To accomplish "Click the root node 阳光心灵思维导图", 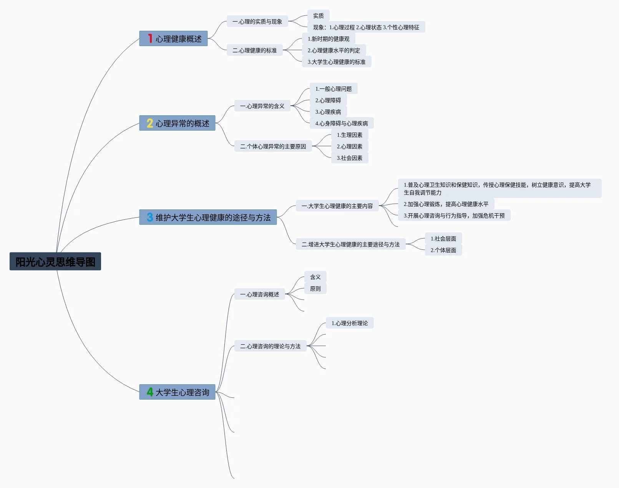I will tap(55, 262).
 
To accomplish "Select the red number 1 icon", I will tap(150, 38).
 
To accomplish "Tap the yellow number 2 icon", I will tap(150, 123).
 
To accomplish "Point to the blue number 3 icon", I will tap(150, 217).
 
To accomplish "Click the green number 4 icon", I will tap(150, 392).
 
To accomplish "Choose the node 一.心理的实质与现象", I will tap(257, 22).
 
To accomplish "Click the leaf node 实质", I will tap(318, 16).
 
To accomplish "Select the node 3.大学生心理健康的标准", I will tap(336, 62).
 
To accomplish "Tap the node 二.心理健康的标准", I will tap(254, 50).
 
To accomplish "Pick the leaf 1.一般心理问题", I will tap(333, 89).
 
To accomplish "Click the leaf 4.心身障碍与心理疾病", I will tap(341, 123).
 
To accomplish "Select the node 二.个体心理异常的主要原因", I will tap(273, 146).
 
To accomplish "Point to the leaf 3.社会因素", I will tap(349, 158).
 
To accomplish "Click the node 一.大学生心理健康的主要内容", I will tap(337, 206).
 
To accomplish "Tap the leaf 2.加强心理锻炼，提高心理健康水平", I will tap(446, 204).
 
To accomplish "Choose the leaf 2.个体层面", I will tap(443, 250).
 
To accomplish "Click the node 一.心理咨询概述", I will tap(259, 294).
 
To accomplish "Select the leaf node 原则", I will tap(315, 289).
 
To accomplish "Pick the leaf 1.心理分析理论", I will tap(349, 323).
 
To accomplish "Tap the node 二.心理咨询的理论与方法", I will tap(270, 346).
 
